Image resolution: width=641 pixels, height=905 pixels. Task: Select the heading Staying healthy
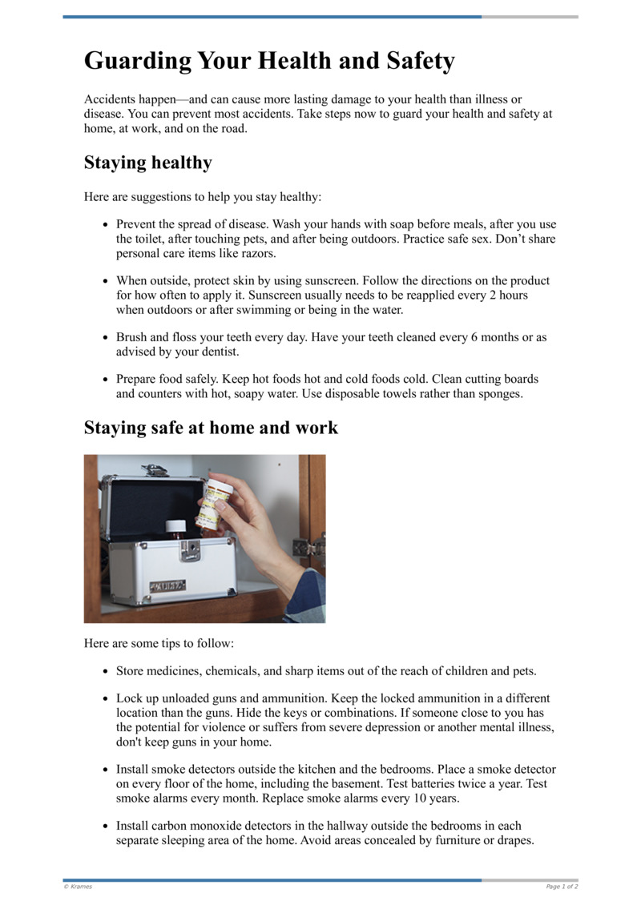point(148,163)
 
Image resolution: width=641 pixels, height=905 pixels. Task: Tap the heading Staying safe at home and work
point(211,428)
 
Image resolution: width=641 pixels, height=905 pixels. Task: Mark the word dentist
point(218,352)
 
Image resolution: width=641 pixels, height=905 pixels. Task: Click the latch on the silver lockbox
point(190,549)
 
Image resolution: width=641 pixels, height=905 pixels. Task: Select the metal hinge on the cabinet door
point(308,548)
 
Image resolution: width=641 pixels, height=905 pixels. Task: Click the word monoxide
point(225,826)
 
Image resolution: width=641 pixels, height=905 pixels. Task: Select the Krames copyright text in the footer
point(78,887)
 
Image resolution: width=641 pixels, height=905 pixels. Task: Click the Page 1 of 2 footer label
point(562,887)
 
